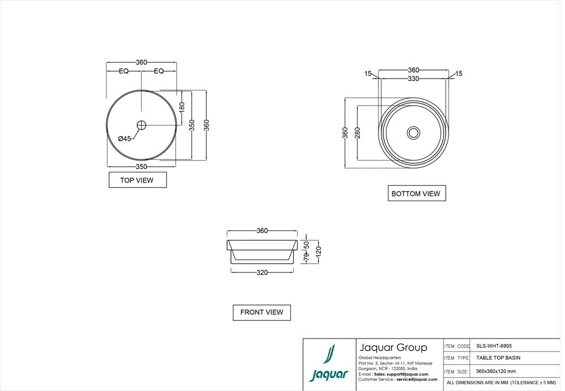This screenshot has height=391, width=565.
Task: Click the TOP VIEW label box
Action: [137, 180]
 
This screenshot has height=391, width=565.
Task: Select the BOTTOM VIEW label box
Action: [416, 193]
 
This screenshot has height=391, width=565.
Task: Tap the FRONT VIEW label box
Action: [262, 312]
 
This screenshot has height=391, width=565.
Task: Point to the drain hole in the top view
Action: [141, 125]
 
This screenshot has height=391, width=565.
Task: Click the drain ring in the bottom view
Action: [414, 133]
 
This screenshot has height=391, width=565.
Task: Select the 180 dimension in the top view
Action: [182, 107]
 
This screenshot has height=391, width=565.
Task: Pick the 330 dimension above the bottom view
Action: [414, 79]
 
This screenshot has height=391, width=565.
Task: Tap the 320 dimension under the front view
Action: [262, 272]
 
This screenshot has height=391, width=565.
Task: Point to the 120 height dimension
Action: [318, 249]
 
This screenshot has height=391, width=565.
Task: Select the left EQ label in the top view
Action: [124, 71]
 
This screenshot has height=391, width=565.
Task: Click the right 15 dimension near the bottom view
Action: [458, 73]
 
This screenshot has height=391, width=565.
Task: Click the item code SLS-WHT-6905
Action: [494, 346]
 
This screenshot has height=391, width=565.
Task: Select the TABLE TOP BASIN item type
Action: [498, 358]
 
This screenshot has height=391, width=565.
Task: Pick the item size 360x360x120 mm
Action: [496, 371]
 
